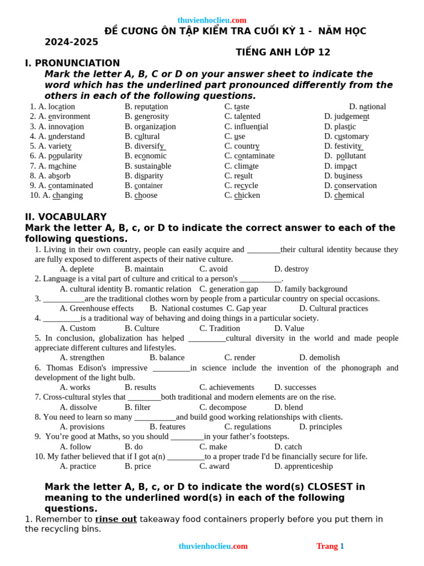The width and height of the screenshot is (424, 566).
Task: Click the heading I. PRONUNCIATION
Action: point(72,63)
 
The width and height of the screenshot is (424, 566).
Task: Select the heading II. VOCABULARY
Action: point(66,217)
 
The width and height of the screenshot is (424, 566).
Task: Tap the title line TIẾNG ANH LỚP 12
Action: point(283,52)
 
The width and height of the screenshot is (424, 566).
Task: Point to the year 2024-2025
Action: point(71,42)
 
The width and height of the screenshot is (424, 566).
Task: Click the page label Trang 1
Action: point(330,546)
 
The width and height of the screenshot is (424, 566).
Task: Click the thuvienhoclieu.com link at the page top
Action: point(212,20)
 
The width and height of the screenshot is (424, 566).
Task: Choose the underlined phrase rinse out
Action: point(116,519)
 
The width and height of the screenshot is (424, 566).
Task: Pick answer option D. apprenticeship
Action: point(303,466)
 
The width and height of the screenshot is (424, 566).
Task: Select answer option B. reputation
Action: point(146,107)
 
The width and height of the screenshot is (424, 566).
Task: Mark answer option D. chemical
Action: point(344,195)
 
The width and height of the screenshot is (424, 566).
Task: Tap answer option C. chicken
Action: point(242,195)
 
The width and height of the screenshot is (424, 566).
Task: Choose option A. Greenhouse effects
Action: point(97,308)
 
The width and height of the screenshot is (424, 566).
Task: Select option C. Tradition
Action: point(219,328)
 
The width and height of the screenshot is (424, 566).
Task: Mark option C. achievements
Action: point(226,387)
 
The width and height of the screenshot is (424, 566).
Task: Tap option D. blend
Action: point(288,407)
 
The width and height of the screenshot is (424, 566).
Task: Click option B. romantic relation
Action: point(158,289)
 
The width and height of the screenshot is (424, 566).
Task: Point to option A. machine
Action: point(53,166)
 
